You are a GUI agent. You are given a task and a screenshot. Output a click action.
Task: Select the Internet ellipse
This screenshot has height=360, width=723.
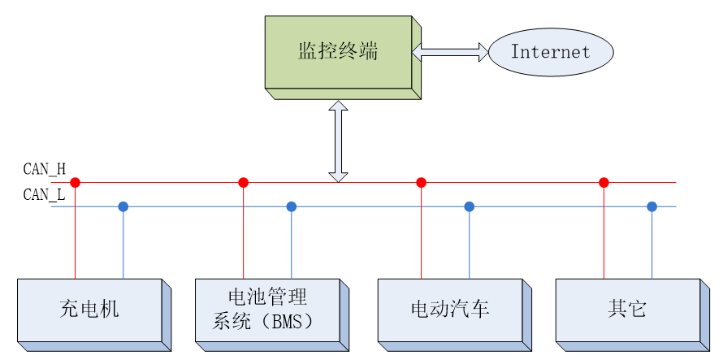[550, 52]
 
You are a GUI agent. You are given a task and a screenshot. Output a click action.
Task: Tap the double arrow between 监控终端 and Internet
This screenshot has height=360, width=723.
[450, 52]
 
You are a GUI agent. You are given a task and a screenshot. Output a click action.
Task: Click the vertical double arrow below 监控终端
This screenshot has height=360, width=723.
[338, 141]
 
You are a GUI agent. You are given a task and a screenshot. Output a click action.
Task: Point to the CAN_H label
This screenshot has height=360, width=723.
[44, 169]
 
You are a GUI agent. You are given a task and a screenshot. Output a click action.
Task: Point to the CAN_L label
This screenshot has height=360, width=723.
[44, 194]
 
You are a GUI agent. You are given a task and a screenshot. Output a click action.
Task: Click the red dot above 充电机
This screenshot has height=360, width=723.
[75, 183]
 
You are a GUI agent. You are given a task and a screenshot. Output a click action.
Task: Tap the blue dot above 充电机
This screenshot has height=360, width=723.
[123, 206]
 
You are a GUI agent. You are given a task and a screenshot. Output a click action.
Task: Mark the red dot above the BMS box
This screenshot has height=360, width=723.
[243, 183]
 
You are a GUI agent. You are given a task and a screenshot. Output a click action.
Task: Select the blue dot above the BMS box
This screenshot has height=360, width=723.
[292, 206]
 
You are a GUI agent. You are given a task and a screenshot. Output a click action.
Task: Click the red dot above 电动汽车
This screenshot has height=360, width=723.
[421, 183]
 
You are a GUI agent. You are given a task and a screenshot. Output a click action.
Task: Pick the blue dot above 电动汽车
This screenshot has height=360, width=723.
[469, 206]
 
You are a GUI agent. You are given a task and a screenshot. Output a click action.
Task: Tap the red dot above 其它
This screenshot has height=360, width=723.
[604, 183]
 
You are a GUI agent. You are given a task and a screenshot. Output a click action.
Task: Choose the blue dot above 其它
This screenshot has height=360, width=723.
[652, 206]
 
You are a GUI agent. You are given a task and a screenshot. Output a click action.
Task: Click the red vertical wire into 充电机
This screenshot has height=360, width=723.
[75, 236]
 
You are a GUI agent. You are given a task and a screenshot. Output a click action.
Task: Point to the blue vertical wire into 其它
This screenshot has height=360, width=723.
[652, 244]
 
